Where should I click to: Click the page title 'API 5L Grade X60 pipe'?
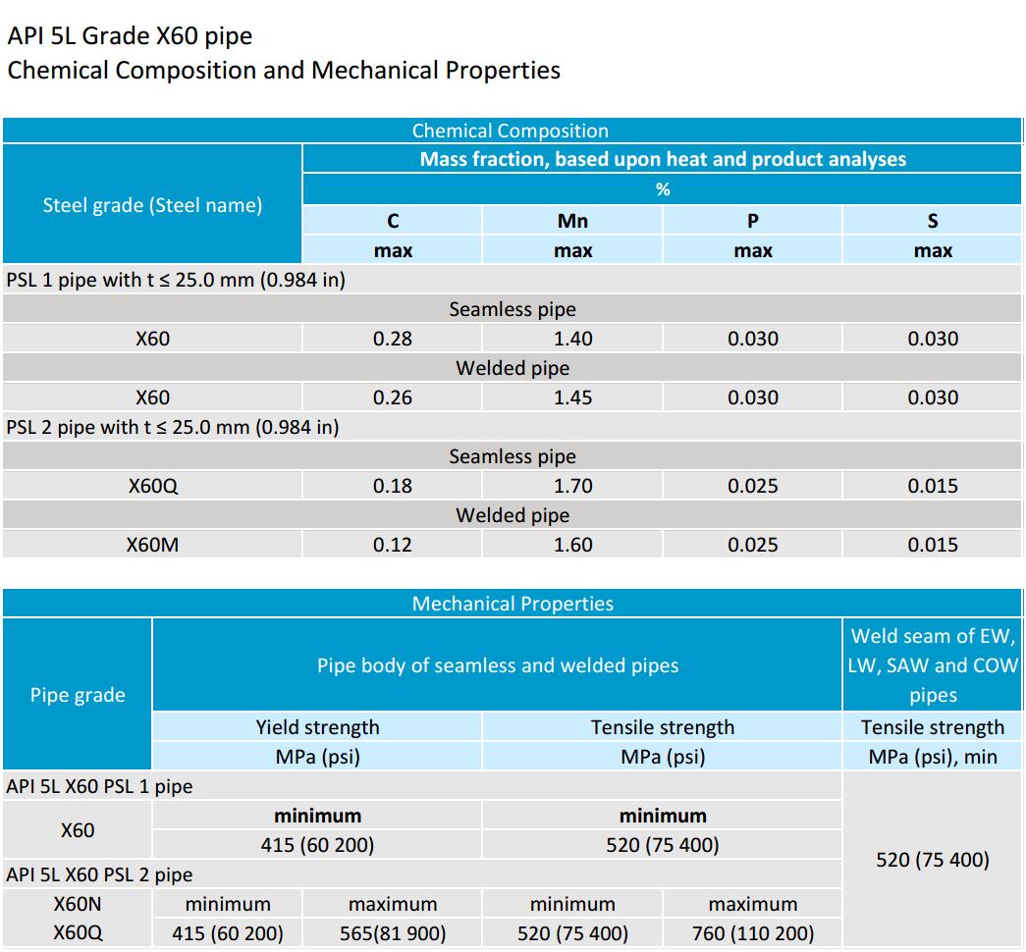tap(130, 36)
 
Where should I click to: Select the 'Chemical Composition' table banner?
tap(510, 131)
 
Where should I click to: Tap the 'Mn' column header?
tap(572, 221)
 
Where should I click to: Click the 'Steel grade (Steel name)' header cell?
tap(152, 205)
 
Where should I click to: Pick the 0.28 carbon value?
tap(393, 339)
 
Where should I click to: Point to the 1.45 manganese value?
tap(572, 397)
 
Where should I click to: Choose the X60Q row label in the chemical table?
tap(152, 486)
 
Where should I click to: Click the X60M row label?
tap(152, 545)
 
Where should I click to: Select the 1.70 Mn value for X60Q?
tap(572, 486)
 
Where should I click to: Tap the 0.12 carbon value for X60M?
tap(393, 545)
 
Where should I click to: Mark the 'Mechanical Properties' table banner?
tap(513, 604)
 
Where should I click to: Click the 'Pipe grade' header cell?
tap(78, 695)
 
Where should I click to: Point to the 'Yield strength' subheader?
tap(317, 727)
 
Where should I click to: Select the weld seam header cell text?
tap(933, 665)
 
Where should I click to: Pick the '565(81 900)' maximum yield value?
tap(393, 933)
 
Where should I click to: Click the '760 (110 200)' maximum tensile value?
tap(753, 933)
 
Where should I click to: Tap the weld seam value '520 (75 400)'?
tap(933, 860)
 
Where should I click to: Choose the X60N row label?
tap(78, 904)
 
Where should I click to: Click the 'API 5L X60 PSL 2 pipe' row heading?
tap(99, 874)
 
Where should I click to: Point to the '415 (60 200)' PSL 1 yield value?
tap(317, 845)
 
